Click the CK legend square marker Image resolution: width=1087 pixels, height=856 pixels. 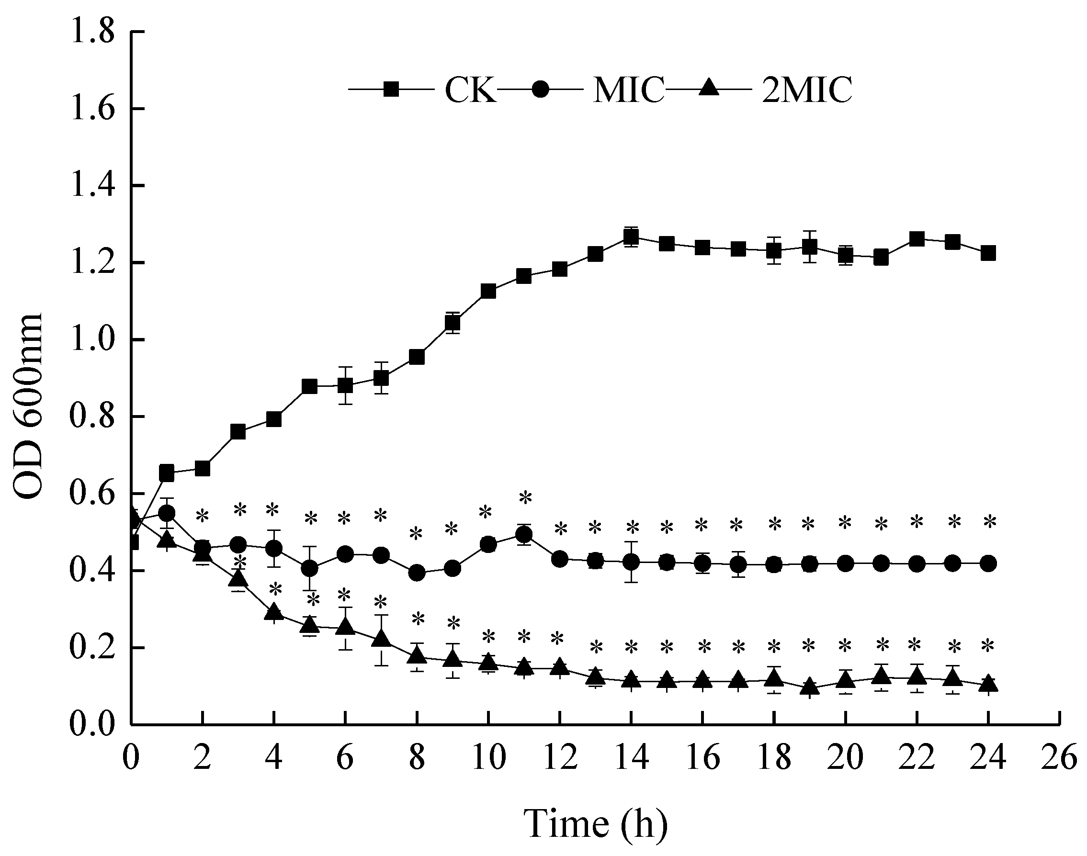point(391,90)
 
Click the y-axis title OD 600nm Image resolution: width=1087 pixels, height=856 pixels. point(28,406)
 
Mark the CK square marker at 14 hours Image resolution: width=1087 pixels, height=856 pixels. point(632,237)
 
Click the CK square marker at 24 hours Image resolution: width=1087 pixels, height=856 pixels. point(988,253)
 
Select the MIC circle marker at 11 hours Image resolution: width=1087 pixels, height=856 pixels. point(524,535)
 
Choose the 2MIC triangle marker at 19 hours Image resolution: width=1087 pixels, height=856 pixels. point(809,687)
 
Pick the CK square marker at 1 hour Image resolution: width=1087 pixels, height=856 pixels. point(166,473)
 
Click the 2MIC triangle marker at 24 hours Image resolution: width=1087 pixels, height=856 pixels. point(988,684)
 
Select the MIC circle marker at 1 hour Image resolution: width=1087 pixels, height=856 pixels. point(166,513)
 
